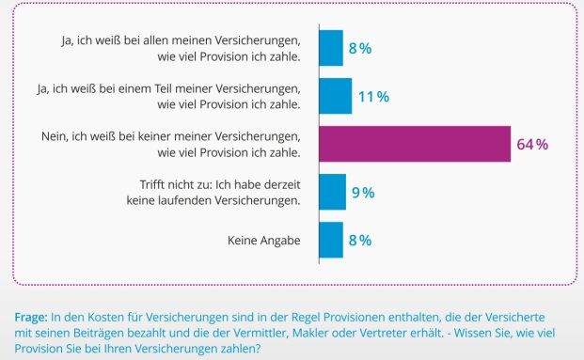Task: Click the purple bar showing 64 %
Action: pos(415,144)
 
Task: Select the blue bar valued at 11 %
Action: pos(335,96)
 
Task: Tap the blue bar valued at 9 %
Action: pos(333,192)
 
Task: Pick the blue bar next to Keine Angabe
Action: pos(331,240)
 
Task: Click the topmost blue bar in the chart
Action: pos(331,48)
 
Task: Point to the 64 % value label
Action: pos(532,144)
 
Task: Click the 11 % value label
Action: pos(373,96)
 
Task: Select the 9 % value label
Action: pos(363,192)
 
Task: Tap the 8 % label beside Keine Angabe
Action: pos(359,240)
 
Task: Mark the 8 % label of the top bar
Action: pos(359,48)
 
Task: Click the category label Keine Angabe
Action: pos(263,240)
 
